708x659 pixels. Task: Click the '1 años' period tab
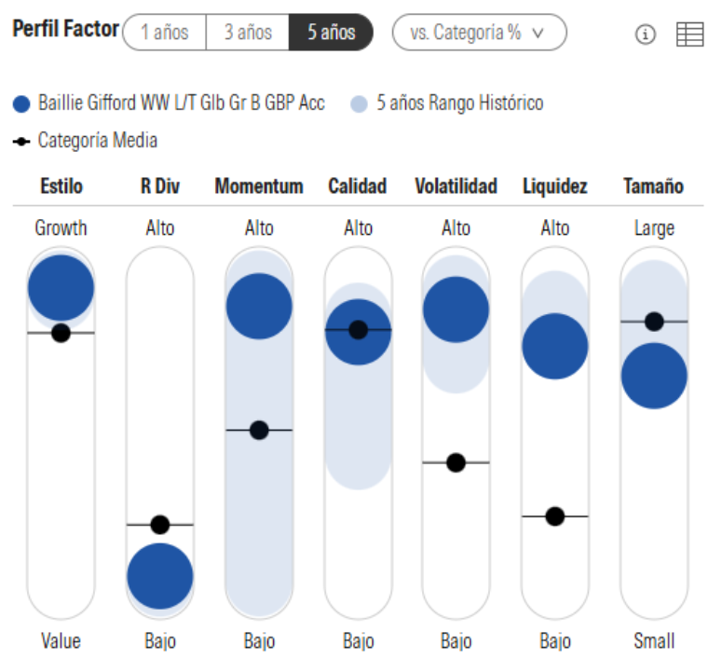(x=164, y=33)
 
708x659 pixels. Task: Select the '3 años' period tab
(x=248, y=33)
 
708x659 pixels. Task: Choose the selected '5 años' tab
(x=332, y=33)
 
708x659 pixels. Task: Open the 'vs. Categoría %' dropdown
(x=479, y=33)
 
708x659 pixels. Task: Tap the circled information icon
(x=645, y=34)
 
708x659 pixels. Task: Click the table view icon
(x=689, y=34)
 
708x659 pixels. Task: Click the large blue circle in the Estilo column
(x=61, y=288)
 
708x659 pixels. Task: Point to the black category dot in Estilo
(x=61, y=333)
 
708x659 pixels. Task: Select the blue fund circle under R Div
(x=159, y=576)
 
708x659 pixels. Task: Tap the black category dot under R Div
(x=159, y=525)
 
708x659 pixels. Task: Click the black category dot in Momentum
(x=259, y=430)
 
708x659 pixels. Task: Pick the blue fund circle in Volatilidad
(x=456, y=309)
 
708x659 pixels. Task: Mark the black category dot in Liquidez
(x=555, y=515)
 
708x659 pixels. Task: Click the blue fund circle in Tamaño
(x=654, y=376)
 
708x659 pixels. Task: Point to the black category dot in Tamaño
(x=654, y=322)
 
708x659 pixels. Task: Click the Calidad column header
(x=357, y=186)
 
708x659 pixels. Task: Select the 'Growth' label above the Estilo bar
(x=61, y=227)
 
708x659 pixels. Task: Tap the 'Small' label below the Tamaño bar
(x=654, y=641)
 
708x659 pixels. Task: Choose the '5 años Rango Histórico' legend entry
(x=458, y=103)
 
